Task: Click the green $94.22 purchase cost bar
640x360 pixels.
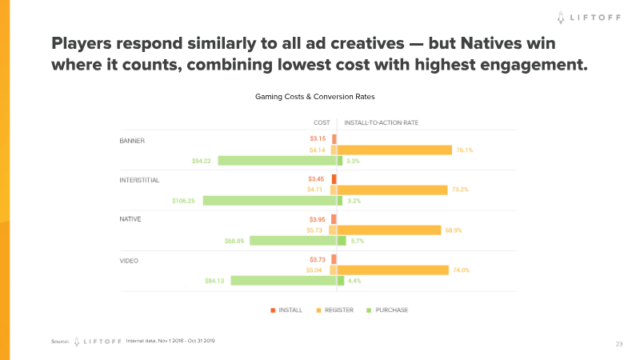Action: coord(277,161)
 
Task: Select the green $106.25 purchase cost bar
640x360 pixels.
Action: coord(269,201)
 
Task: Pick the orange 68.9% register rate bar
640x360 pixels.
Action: coord(389,230)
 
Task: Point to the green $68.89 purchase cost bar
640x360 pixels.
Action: coord(293,241)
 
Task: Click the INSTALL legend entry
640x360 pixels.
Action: coord(286,310)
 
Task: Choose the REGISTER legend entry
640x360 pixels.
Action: coord(334,310)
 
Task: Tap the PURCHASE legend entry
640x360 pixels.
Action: coord(387,310)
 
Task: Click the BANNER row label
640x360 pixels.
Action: coord(132,141)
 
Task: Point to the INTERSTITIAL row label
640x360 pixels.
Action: coord(139,180)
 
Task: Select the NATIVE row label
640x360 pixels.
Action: coord(130,219)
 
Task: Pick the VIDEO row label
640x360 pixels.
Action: coord(129,259)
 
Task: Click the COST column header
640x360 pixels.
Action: coord(322,122)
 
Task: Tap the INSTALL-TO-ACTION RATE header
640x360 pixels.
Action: coord(381,122)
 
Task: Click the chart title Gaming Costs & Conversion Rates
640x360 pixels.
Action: coord(315,97)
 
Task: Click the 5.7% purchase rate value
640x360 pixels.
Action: coord(358,241)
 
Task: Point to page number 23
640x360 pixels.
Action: coord(619,343)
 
